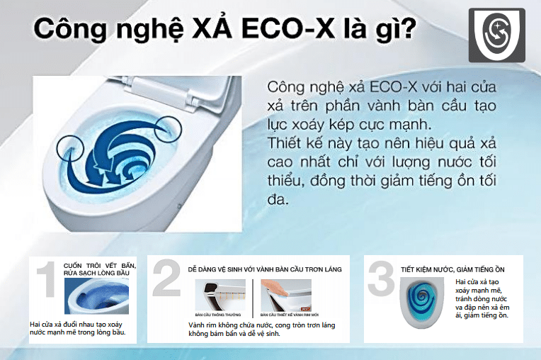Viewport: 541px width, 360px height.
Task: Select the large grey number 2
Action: pyautogui.click(x=166, y=279)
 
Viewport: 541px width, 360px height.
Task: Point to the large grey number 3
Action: pyautogui.click(x=381, y=279)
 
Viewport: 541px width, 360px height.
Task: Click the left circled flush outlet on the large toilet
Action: pyautogui.click(x=73, y=136)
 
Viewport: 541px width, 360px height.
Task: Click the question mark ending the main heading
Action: pyautogui.click(x=409, y=30)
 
